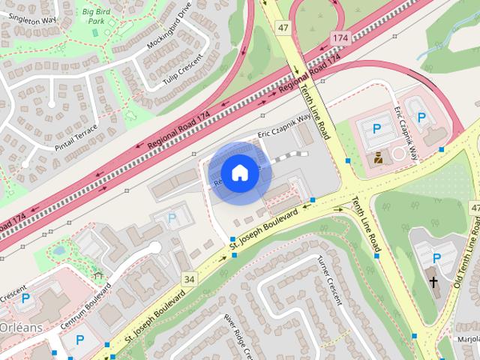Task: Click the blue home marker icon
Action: [239, 173]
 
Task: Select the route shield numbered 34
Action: [189, 280]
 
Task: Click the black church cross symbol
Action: [433, 281]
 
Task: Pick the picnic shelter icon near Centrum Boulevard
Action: [97, 276]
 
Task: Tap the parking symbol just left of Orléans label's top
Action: [25, 298]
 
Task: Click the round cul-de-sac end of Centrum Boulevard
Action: [155, 247]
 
